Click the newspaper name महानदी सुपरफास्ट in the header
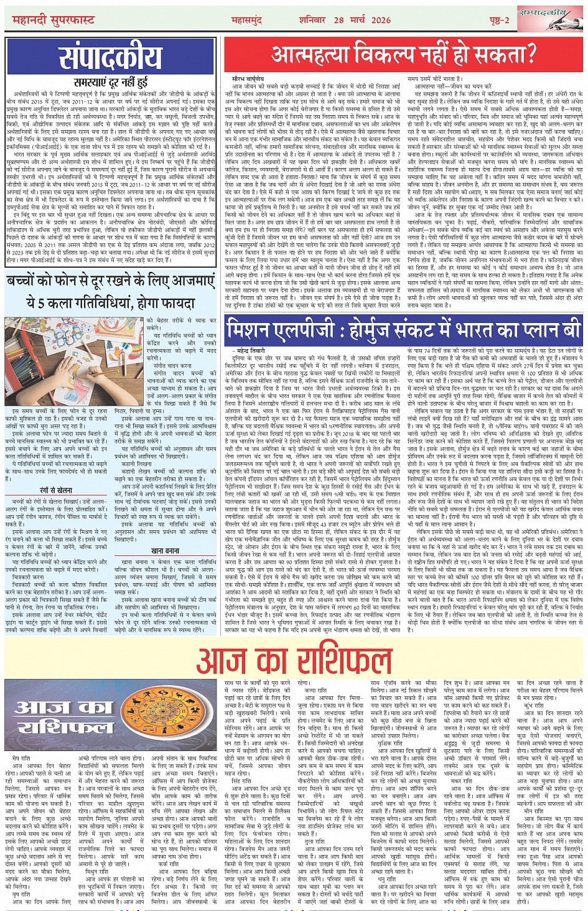click(x=54, y=21)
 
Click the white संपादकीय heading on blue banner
click(x=111, y=58)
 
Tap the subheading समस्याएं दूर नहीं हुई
click(x=110, y=82)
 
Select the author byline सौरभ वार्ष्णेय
click(x=247, y=80)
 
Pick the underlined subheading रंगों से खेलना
click(x=57, y=492)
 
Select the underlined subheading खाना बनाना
click(x=165, y=551)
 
